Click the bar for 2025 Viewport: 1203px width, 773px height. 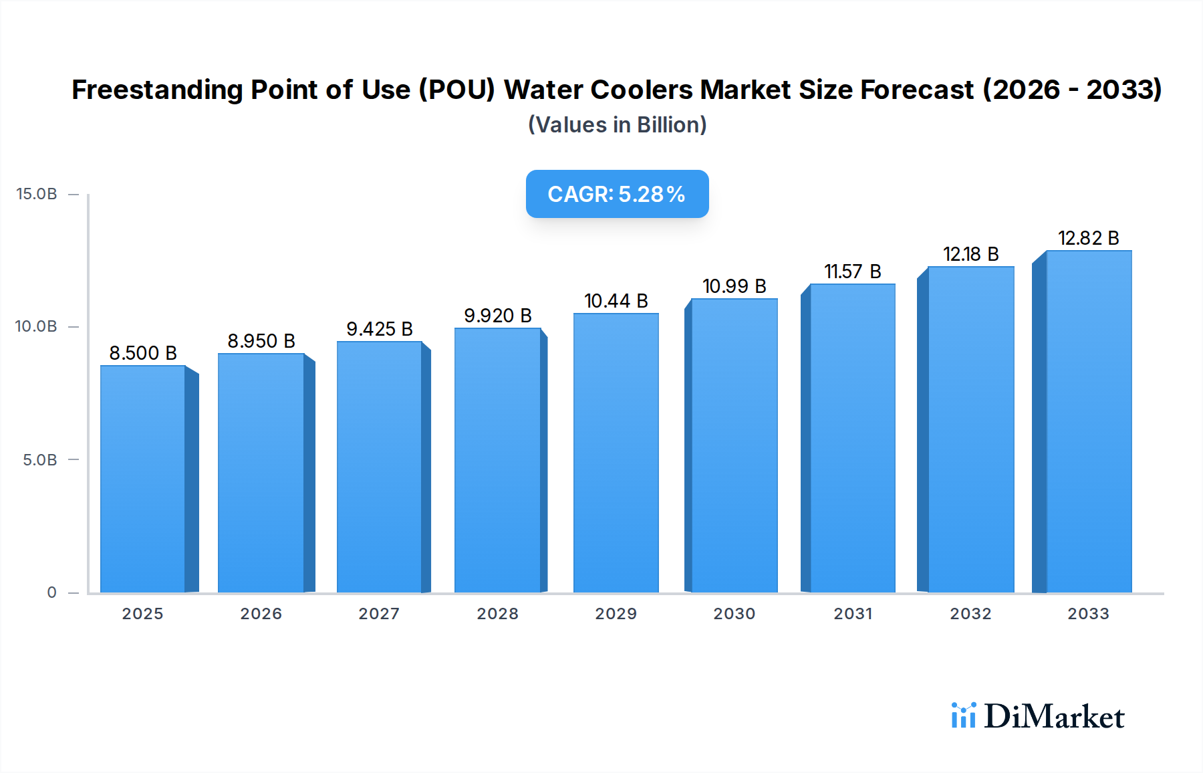click(x=143, y=479)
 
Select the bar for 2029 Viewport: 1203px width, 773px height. click(x=616, y=453)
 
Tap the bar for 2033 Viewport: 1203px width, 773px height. click(x=1089, y=421)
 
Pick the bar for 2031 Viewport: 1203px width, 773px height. click(x=852, y=438)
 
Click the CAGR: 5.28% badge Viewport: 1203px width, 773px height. click(x=617, y=194)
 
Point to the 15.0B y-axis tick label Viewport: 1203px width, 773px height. click(x=37, y=194)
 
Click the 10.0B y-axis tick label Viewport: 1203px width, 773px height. click(x=37, y=326)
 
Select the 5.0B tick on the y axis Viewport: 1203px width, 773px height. click(x=40, y=460)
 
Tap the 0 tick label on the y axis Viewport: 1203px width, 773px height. click(x=51, y=592)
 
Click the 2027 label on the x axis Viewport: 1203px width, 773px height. click(x=379, y=614)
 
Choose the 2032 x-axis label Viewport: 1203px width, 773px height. click(x=970, y=614)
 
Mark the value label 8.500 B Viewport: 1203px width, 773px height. click(x=143, y=353)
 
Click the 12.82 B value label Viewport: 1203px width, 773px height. click(x=1088, y=238)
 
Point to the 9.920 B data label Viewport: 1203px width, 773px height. click(x=498, y=316)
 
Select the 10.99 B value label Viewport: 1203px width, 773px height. click(x=734, y=286)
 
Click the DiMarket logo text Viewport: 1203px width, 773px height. click(x=1054, y=717)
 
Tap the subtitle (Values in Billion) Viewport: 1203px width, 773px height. click(x=617, y=125)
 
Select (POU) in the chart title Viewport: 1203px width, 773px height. click(x=456, y=90)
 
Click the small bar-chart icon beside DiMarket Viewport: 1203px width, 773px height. click(x=963, y=715)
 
